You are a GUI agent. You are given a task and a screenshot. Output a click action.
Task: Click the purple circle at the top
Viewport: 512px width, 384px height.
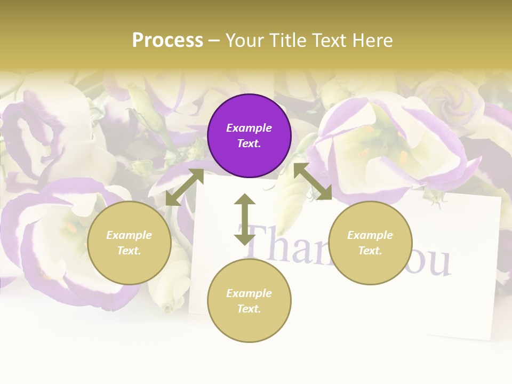(249, 136)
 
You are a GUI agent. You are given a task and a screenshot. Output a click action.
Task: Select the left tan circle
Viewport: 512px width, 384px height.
(129, 243)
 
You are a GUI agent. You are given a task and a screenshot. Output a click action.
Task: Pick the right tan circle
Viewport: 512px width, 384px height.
(370, 243)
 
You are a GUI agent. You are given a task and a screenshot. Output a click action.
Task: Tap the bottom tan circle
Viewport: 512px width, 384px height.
(249, 301)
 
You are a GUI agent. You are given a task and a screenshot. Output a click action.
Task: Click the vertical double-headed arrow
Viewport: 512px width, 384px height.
(245, 219)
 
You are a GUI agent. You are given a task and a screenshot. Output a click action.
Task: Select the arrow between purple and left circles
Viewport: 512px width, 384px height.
(185, 187)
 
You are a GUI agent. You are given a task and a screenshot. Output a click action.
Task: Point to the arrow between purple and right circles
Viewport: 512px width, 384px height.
(313, 182)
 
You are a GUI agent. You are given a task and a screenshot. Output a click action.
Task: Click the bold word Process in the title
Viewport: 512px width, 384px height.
(167, 41)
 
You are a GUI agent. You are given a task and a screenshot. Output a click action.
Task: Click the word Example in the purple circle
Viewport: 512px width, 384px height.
(249, 128)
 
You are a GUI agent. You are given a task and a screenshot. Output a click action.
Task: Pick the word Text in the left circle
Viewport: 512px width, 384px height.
(129, 251)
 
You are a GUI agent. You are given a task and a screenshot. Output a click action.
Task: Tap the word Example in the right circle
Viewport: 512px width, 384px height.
(370, 235)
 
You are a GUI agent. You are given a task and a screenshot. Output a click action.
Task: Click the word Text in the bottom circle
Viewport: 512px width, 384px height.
(249, 309)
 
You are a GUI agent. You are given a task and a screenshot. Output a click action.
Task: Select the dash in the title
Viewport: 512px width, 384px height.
(214, 41)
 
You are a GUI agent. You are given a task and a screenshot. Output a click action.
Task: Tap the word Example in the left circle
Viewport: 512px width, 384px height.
(129, 235)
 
